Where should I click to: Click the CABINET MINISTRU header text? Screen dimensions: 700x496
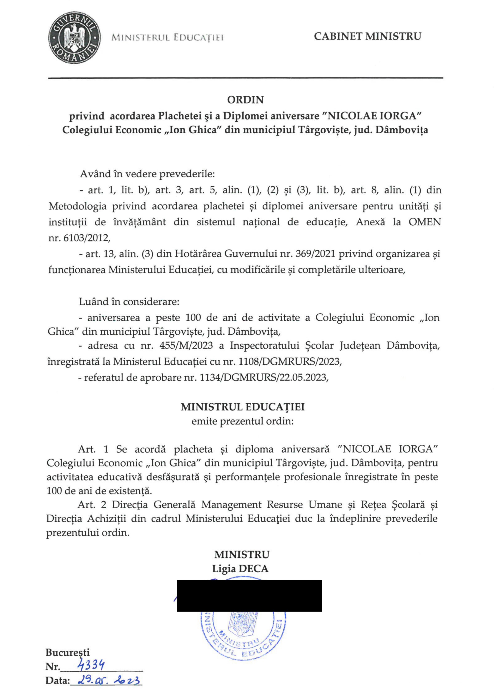click(x=367, y=37)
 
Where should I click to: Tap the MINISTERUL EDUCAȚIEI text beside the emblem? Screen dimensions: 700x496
click(x=167, y=38)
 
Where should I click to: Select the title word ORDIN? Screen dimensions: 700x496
click(x=245, y=100)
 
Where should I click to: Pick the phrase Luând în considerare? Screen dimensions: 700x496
click(x=129, y=302)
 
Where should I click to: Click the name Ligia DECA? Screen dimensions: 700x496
click(x=240, y=568)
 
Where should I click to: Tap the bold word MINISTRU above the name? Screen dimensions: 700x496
click(x=242, y=554)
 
